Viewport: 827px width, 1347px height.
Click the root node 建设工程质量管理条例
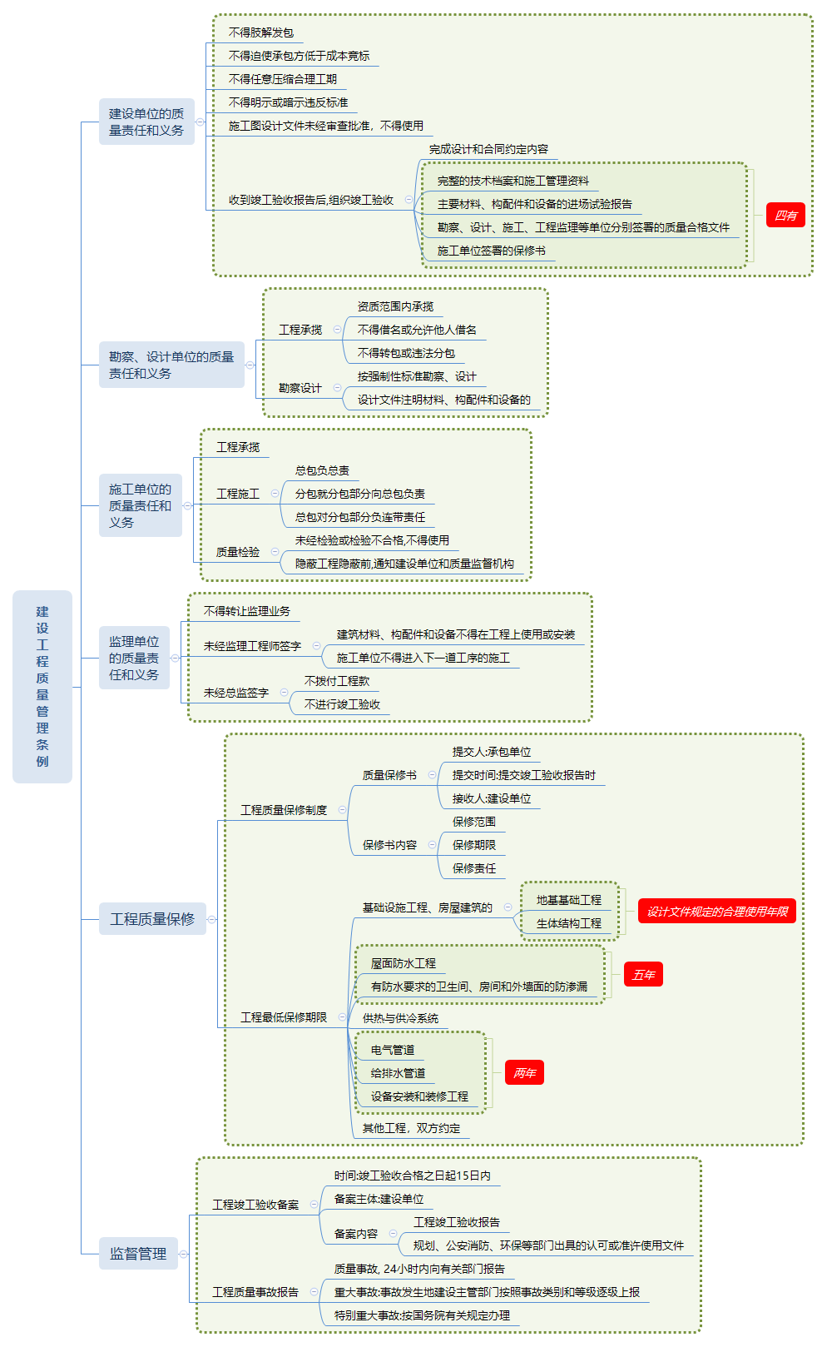pyautogui.click(x=42, y=687)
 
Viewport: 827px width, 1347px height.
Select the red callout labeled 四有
pyautogui.click(x=785, y=216)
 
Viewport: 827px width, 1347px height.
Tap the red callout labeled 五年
pyautogui.click(x=643, y=975)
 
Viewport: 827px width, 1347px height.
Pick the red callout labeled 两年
pyautogui.click(x=524, y=1073)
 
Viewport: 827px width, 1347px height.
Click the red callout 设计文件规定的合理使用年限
pyautogui.click(x=717, y=912)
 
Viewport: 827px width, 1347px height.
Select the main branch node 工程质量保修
pyautogui.click(x=152, y=919)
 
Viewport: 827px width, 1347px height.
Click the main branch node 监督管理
pyautogui.click(x=138, y=1254)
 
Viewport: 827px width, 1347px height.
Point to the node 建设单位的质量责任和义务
pyautogui.click(x=146, y=122)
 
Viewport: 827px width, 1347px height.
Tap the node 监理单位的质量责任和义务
pyautogui.click(x=134, y=658)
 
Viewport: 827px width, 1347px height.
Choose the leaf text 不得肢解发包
pyautogui.click(x=261, y=32)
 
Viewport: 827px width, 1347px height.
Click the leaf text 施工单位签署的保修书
pyautogui.click(x=491, y=251)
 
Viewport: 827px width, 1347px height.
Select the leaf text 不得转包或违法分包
pyautogui.click(x=406, y=353)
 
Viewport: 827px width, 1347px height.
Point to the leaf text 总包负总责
pyautogui.click(x=322, y=470)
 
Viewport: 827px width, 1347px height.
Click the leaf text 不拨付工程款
pyautogui.click(x=336, y=681)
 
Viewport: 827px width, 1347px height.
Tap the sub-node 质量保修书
pyautogui.click(x=389, y=775)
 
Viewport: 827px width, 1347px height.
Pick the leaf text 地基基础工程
pyautogui.click(x=568, y=900)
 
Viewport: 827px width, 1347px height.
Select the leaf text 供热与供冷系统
pyautogui.click(x=400, y=1018)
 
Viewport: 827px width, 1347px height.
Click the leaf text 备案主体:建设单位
pyautogui.click(x=379, y=1199)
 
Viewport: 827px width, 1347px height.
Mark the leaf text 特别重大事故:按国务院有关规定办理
pyautogui.click(x=422, y=1315)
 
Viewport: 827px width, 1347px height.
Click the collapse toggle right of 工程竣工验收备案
pyautogui.click(x=314, y=1205)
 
